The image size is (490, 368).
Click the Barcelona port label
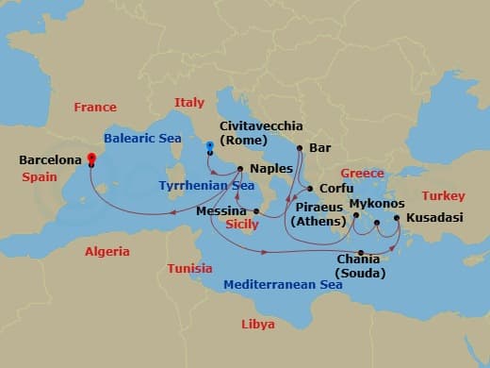pos(50,160)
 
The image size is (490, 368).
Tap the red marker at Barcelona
pos(91,158)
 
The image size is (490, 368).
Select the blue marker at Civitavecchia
pos(209,144)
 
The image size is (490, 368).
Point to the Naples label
pos(270,169)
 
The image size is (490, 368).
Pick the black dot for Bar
pos(300,148)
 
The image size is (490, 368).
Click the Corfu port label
pos(336,189)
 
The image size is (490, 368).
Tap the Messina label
pos(221,211)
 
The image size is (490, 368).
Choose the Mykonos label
pos(377,203)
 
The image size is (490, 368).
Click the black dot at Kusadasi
pos(397,218)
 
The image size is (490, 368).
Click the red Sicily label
pos(242,226)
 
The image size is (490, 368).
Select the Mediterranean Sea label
pos(283,284)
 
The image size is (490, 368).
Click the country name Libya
pos(258,324)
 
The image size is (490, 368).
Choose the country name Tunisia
pos(189,268)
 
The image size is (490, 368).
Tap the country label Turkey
pos(443,195)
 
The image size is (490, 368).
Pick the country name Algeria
pos(107,252)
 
